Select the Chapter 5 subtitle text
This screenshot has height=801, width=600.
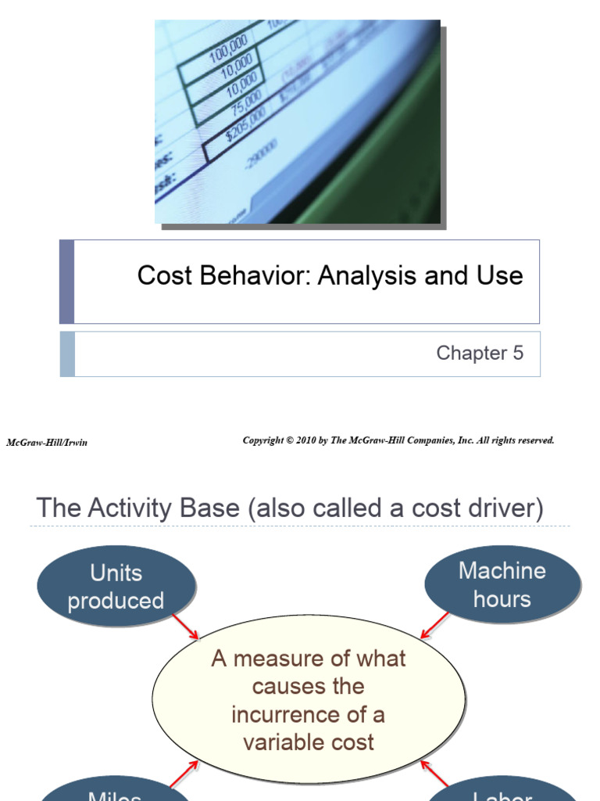[479, 353]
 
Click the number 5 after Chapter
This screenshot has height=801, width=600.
[517, 353]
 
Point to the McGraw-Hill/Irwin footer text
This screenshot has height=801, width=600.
[47, 443]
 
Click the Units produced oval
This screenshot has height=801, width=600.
[116, 587]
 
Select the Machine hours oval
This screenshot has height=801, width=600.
[502, 585]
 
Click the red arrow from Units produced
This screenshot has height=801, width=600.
[185, 626]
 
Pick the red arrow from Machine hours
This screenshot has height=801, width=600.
[435, 624]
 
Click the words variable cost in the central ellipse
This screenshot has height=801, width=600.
[309, 742]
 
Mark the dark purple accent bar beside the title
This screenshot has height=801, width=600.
[67, 282]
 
